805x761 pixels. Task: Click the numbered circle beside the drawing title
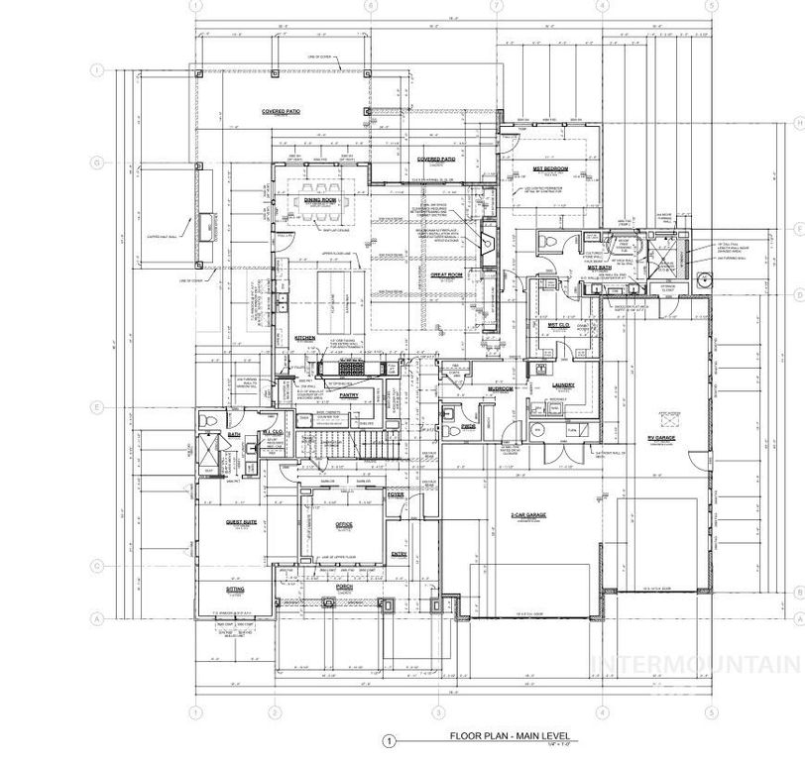point(390,739)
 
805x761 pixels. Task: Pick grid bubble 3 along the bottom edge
point(436,711)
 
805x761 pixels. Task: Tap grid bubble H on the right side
point(798,122)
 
